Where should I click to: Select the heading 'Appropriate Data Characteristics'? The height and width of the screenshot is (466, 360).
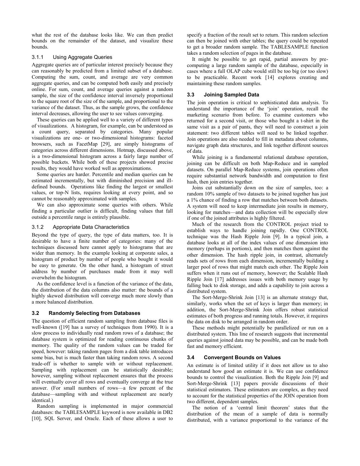pos(91,227)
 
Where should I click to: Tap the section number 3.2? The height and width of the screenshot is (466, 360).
pos(36,313)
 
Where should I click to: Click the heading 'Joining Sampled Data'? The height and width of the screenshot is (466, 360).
pos(231,95)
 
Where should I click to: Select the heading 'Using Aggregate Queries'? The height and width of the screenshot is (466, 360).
pos(82,57)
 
